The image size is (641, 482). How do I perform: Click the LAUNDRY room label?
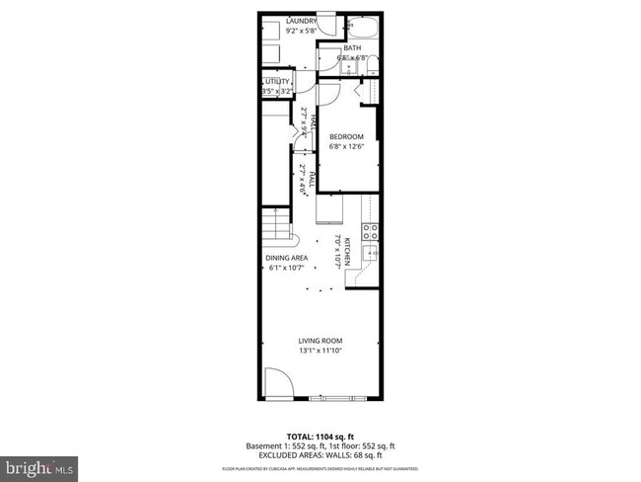coord(301,21)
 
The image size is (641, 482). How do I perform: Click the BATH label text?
coord(352,47)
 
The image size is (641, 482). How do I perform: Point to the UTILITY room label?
coord(277,82)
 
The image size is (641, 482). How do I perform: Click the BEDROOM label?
coord(346,136)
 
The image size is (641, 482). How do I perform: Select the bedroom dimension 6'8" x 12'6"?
coord(346,147)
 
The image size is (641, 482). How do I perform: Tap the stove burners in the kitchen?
coord(371,233)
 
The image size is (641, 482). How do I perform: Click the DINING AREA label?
coord(287,258)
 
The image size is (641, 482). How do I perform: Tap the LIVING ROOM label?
coord(320,341)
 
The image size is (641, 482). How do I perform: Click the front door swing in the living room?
coord(276,385)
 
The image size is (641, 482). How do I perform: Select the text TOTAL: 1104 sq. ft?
coord(320,436)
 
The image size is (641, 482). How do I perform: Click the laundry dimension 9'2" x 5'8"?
coord(301,31)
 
